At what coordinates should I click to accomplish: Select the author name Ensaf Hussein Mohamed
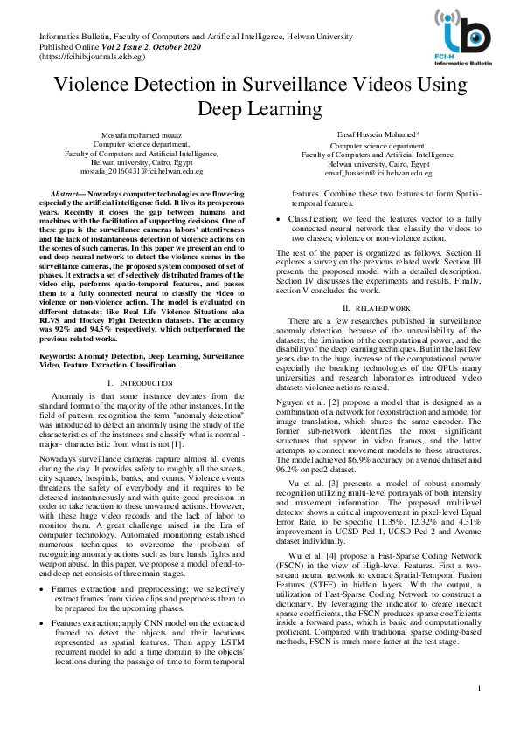pos(378,134)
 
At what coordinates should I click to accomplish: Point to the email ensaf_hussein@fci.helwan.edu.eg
pos(378,173)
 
